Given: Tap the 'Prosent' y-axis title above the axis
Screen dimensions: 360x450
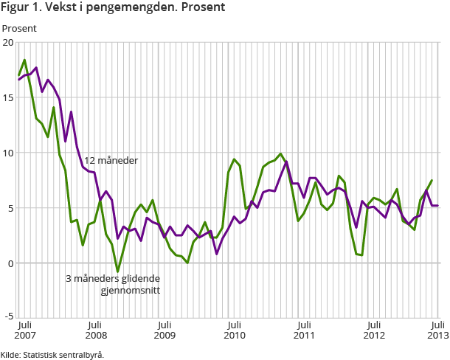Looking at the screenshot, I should click(x=20, y=28).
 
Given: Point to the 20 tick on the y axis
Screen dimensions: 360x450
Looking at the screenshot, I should click(x=8, y=43).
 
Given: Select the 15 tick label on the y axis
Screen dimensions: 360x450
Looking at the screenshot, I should click(x=8, y=98).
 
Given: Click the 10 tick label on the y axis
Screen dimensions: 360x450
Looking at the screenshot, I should click(x=8, y=153).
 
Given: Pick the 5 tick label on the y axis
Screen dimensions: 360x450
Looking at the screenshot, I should click(x=10, y=208).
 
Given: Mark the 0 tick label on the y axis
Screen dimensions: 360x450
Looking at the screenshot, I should click(x=10, y=263).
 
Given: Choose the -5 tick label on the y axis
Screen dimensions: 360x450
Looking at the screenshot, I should click(x=8, y=317).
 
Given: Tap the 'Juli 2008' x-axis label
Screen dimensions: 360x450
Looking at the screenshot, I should click(x=94, y=330).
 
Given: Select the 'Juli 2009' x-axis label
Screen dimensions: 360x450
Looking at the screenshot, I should click(x=164, y=330).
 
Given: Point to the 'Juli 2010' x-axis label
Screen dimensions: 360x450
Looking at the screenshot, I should click(x=234, y=330).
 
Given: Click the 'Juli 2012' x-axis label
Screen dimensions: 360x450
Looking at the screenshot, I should click(x=374, y=330).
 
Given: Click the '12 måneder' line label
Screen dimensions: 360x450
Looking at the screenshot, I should click(x=111, y=161).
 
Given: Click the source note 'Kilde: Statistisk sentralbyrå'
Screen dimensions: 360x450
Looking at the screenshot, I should click(x=52, y=354).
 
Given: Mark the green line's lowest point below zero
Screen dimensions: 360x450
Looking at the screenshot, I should click(x=117, y=271).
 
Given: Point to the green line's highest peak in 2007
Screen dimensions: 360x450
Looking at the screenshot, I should click(x=25, y=60).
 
